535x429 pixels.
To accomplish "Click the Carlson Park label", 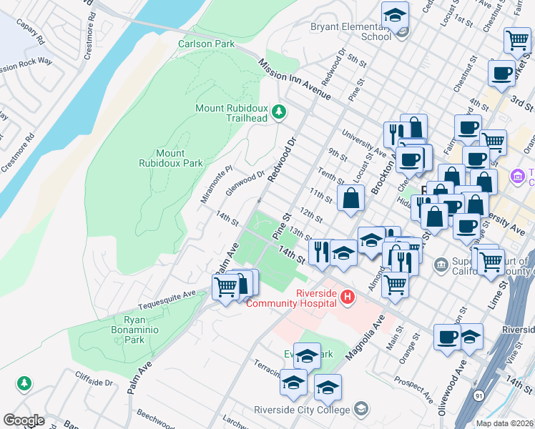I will pyautogui.click(x=206, y=44).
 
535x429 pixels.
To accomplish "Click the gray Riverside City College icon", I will pyautogui.click(x=361, y=409).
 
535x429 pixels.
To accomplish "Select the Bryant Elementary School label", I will pyautogui.click(x=350, y=32).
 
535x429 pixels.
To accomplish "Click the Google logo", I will pyautogui.click(x=24, y=420).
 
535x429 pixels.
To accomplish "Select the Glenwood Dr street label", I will pyautogui.click(x=245, y=182).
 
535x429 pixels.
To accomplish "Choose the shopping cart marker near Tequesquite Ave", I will pyautogui.click(x=226, y=287).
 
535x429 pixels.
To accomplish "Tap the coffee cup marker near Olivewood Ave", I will pyautogui.click(x=448, y=337).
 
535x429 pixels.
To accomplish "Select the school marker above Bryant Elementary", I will pyautogui.click(x=394, y=14).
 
